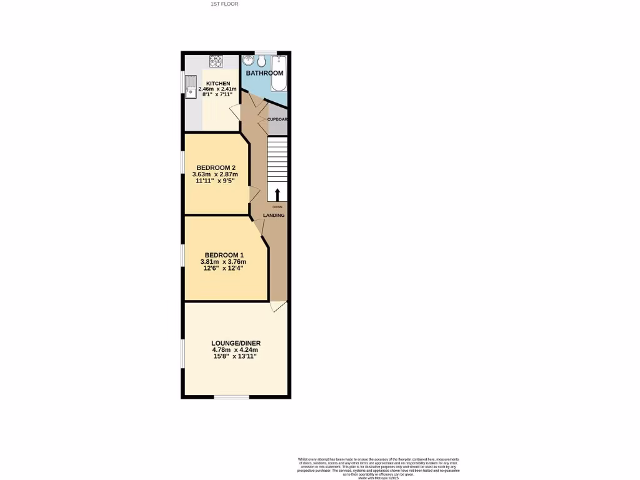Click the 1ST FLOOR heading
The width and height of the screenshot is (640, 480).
pyautogui.click(x=225, y=4)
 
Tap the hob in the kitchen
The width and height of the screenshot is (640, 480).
pyautogui.click(x=216, y=61)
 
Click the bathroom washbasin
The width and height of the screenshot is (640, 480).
pyautogui.click(x=249, y=61)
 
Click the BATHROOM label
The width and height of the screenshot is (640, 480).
pyautogui.click(x=264, y=73)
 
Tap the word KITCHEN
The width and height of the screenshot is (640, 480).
pyautogui.click(x=218, y=83)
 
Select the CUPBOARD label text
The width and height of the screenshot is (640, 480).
pyautogui.click(x=277, y=119)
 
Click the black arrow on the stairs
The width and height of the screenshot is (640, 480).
pyautogui.click(x=277, y=194)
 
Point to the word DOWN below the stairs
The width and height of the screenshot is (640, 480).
pyautogui.click(x=277, y=207)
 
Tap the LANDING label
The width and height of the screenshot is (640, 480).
pyautogui.click(x=274, y=216)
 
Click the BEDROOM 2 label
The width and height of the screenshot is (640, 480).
pyautogui.click(x=216, y=167)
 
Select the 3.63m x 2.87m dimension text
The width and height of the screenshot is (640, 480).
pyautogui.click(x=216, y=174)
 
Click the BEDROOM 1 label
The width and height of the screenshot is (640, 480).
pyautogui.click(x=224, y=254)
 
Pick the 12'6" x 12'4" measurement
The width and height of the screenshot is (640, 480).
pyautogui.click(x=224, y=268)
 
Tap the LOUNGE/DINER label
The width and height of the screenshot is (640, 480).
pyautogui.click(x=236, y=343)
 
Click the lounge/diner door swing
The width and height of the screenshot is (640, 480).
pyautogui.click(x=278, y=306)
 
